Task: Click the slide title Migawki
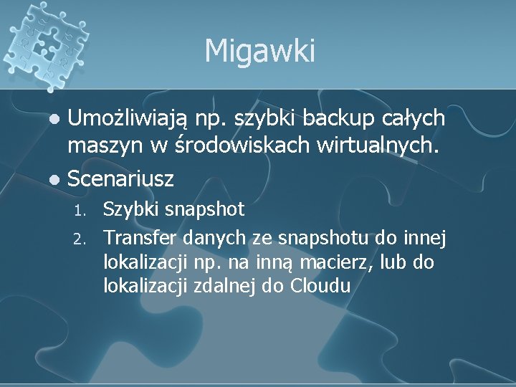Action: tap(259, 51)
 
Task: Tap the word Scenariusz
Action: tap(121, 176)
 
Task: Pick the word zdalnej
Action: tap(231, 287)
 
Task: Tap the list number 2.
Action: tap(80, 236)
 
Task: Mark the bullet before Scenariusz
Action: tap(58, 177)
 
